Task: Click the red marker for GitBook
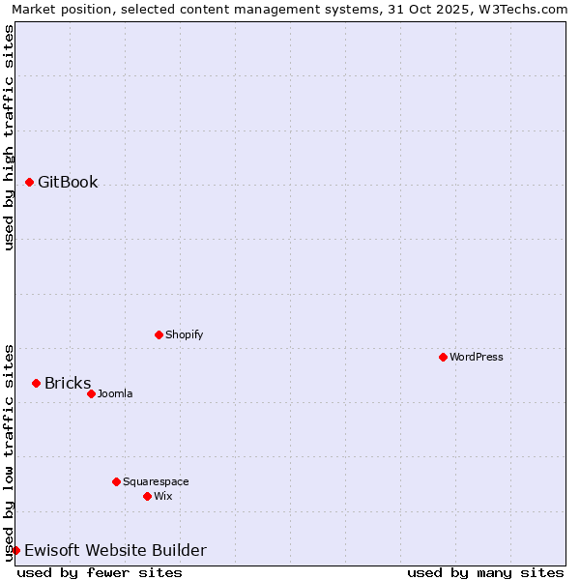click(x=30, y=182)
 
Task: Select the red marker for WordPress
click(x=444, y=357)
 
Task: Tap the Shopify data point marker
click(x=159, y=334)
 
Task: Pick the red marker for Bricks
click(x=37, y=383)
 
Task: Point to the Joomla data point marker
click(x=92, y=393)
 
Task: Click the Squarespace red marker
click(x=117, y=481)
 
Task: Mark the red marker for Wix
click(x=148, y=496)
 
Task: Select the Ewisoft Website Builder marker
click(x=16, y=550)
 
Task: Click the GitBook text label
click(x=68, y=182)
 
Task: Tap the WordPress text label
click(x=477, y=357)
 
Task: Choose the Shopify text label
click(x=185, y=334)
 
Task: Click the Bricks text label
click(x=68, y=383)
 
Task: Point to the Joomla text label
click(x=115, y=393)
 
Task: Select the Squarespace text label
click(x=156, y=481)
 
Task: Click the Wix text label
click(x=163, y=496)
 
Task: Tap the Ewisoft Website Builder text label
click(x=115, y=550)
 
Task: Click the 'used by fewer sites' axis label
click(x=100, y=572)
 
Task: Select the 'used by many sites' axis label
click(x=485, y=572)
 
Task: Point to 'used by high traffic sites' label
click(x=9, y=137)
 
